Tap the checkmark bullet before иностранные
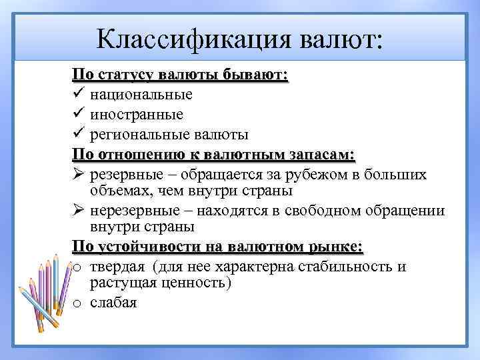coord(77,114)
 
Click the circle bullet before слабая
coord(77,304)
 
